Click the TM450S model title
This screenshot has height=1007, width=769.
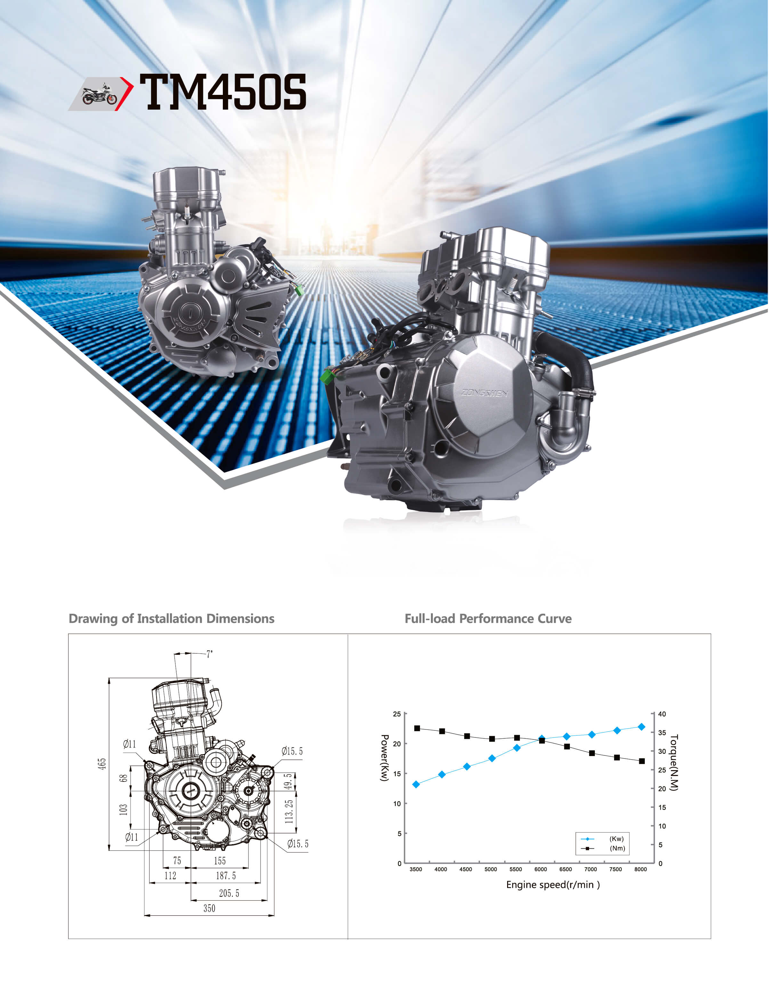pyautogui.click(x=223, y=93)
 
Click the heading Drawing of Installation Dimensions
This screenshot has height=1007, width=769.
pyautogui.click(x=171, y=619)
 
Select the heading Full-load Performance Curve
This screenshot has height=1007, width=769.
pyautogui.click(x=488, y=619)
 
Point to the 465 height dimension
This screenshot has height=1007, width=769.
pyautogui.click(x=102, y=764)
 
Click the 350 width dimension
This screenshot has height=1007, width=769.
pyautogui.click(x=209, y=908)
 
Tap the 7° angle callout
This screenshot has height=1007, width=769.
pyautogui.click(x=209, y=654)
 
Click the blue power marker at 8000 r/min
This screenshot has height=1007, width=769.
pyautogui.click(x=641, y=727)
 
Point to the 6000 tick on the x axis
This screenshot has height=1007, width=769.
pyautogui.click(x=541, y=869)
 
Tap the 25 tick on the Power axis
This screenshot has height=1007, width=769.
pyautogui.click(x=397, y=714)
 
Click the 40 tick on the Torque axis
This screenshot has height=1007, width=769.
pyautogui.click(x=662, y=714)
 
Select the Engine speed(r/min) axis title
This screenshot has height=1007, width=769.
pyautogui.click(x=553, y=885)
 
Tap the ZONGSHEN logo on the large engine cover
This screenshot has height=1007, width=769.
pyautogui.click(x=484, y=393)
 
